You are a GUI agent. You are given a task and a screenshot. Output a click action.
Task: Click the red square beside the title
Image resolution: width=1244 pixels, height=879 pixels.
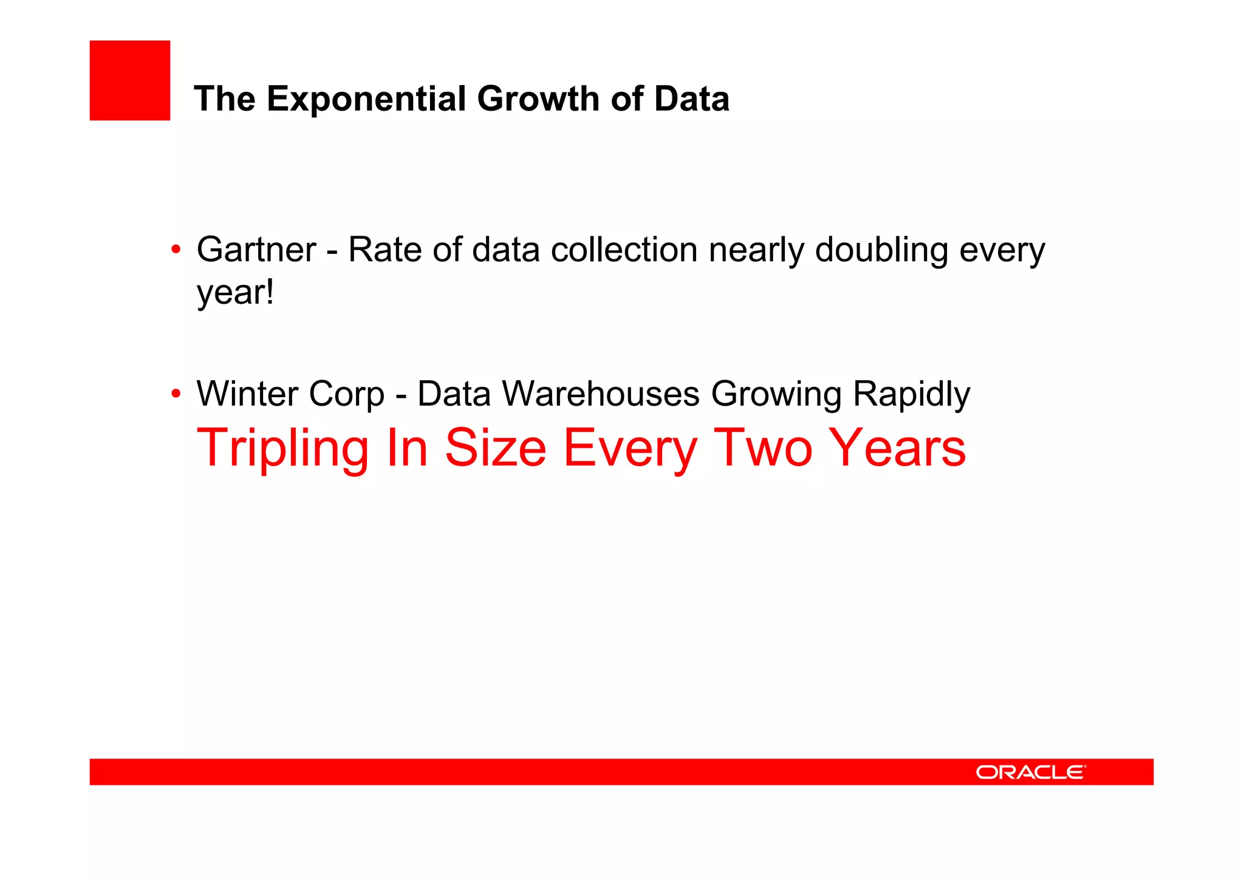tap(129, 80)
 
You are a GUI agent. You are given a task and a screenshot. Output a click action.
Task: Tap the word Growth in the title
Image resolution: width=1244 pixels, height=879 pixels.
tap(538, 98)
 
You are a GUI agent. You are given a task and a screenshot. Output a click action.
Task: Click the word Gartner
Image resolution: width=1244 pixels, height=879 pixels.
tap(256, 250)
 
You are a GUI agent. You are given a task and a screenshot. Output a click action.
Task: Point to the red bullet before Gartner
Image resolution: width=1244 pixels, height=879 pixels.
tap(176, 249)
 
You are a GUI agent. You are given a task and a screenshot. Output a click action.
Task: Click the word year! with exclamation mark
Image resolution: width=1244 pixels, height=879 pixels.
tap(235, 293)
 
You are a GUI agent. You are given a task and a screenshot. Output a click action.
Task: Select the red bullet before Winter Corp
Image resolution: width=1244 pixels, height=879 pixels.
tap(176, 394)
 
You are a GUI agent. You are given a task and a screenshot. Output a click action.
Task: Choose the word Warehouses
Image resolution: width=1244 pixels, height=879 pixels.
tap(601, 394)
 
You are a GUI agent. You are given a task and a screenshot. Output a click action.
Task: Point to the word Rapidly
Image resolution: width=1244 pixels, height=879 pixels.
tap(911, 394)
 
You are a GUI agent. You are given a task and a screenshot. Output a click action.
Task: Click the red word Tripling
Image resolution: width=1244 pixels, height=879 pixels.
tap(282, 448)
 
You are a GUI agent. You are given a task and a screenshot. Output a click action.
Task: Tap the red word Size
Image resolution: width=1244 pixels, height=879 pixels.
tap(495, 448)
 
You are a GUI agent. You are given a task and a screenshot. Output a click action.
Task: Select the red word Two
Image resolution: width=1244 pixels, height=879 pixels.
tap(763, 448)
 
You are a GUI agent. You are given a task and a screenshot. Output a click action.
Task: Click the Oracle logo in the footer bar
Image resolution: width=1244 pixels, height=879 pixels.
tap(1030, 772)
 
